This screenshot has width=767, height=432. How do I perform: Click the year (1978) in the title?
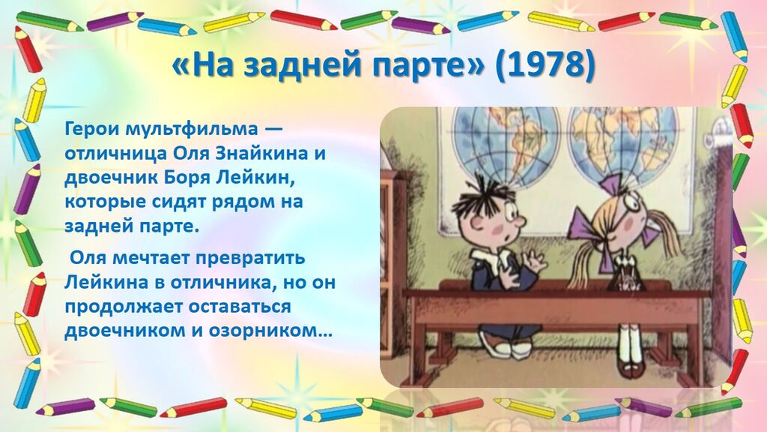click(545, 67)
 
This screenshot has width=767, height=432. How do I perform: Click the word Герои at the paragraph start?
click(93, 129)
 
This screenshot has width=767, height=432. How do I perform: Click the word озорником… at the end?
click(270, 331)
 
